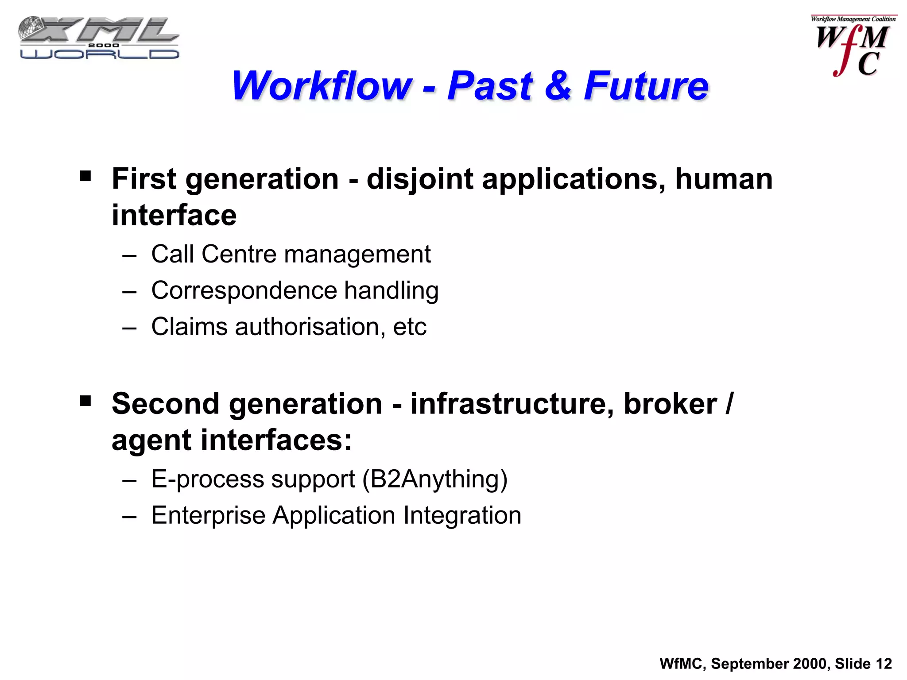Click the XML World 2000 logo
99,39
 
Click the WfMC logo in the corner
853,46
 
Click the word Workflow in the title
322,86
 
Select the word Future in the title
646,86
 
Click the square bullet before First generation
85,177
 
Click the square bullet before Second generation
85,402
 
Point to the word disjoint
420,179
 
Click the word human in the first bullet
724,179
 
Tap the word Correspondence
244,291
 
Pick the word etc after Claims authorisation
410,327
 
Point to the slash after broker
729,404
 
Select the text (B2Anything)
435,479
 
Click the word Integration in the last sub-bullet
462,516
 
